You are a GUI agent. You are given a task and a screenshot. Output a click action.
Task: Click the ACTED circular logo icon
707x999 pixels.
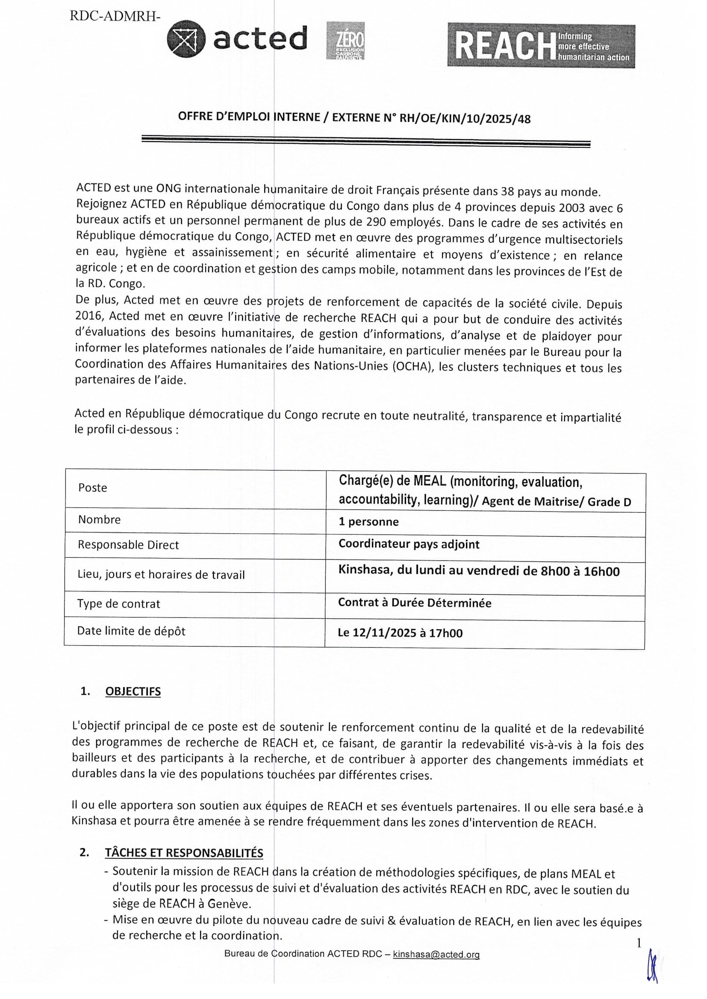[x=186, y=39]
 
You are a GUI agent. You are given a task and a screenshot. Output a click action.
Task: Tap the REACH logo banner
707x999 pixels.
[x=541, y=45]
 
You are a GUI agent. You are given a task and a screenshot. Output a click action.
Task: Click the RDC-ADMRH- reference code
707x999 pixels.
[x=115, y=17]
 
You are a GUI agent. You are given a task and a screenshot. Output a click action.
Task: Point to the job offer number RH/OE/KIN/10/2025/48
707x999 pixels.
[x=465, y=119]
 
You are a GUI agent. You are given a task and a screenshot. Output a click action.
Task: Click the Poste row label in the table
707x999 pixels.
[x=93, y=488]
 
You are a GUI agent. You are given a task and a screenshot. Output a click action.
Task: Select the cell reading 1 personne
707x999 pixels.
[x=369, y=522]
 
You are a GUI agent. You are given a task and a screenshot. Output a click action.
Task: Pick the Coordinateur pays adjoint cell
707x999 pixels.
[x=409, y=544]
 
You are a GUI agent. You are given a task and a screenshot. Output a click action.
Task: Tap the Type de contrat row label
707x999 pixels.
[x=118, y=604]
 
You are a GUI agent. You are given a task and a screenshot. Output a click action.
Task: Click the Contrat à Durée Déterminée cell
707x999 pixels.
[x=415, y=603]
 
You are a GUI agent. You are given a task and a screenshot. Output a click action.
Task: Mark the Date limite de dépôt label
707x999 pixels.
[x=131, y=631]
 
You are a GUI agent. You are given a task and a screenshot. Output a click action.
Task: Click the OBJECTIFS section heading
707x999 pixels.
[x=133, y=691]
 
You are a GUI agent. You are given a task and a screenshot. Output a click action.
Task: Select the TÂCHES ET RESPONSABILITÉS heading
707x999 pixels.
[x=184, y=853]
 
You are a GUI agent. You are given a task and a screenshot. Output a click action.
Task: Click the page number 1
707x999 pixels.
[x=639, y=943]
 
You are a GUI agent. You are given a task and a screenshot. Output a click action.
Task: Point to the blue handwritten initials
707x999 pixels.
[x=652, y=966]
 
